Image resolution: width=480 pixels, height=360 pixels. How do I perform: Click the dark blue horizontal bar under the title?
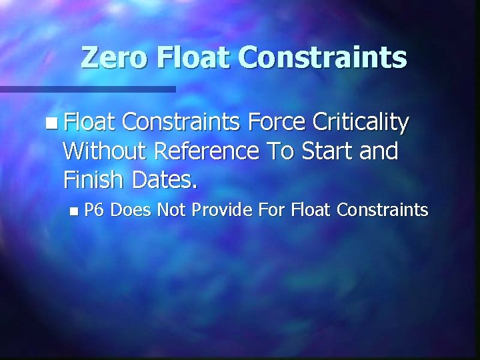coord(87,89)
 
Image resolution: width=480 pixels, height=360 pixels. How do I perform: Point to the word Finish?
coord(93,179)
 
